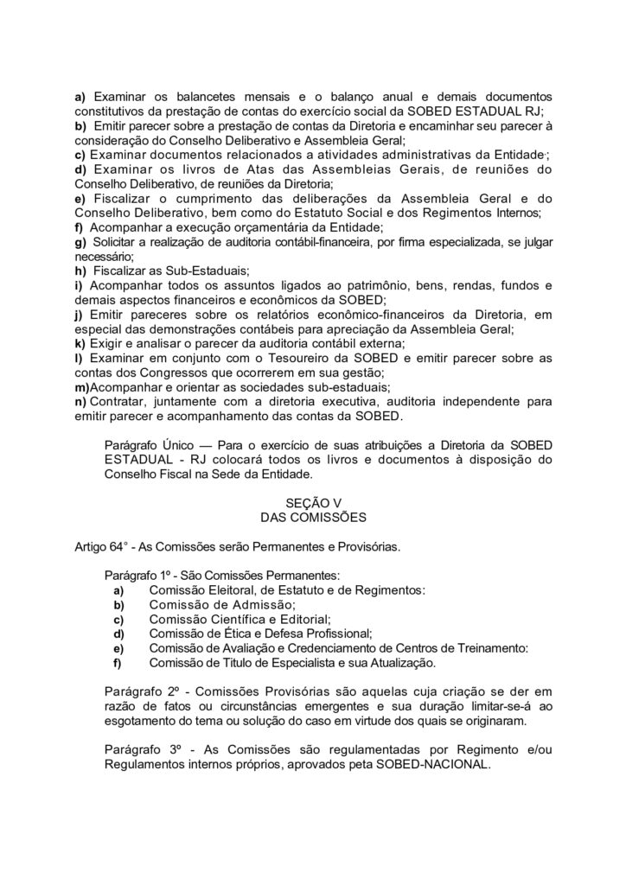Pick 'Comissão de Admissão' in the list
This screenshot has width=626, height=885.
221,604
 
